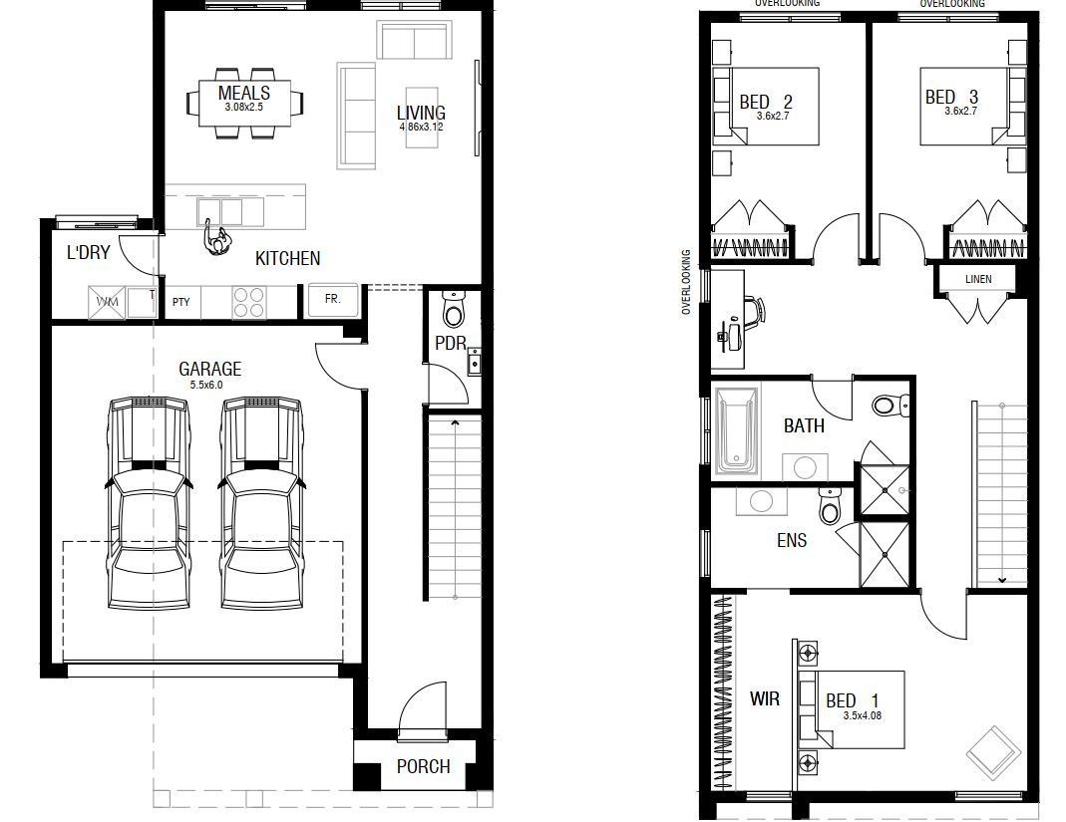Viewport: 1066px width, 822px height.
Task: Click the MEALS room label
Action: (244, 93)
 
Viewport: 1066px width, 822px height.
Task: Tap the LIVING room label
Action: (421, 113)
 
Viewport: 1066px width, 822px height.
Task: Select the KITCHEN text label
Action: (287, 258)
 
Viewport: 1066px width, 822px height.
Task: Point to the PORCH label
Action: (423, 766)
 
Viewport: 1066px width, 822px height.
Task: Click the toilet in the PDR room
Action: (454, 310)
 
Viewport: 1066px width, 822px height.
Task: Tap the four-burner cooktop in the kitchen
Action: (248, 302)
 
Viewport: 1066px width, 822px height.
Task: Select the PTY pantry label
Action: (180, 301)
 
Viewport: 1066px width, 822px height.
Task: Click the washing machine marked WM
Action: (107, 301)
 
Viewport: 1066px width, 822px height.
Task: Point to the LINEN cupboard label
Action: (978, 279)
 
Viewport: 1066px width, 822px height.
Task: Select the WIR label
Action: (765, 698)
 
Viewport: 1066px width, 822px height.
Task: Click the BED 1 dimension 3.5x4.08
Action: (864, 715)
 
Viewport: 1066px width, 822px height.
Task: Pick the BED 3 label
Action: (951, 97)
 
